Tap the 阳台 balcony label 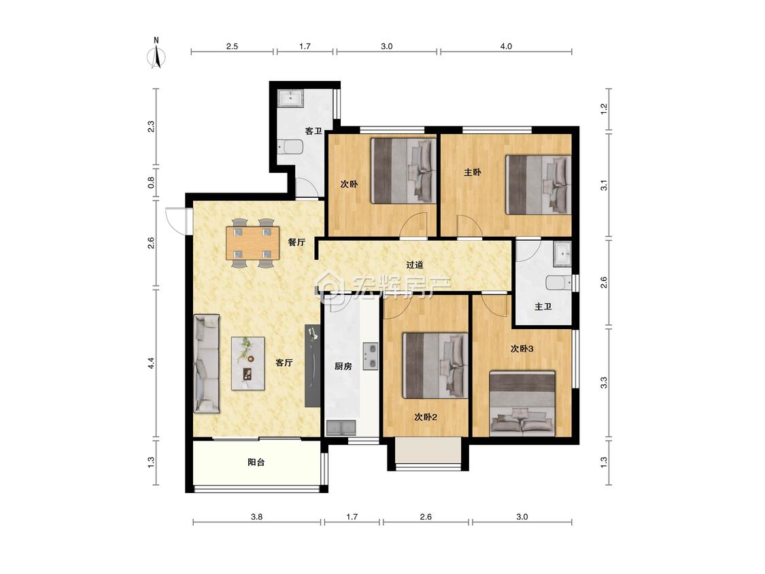[x=256, y=462]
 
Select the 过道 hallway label [x=415, y=265]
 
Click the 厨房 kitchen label [x=343, y=366]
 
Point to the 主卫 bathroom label [x=543, y=307]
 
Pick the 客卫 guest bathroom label [x=313, y=131]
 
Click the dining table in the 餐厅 [x=252, y=243]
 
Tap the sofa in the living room [x=207, y=364]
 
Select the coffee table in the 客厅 [x=248, y=363]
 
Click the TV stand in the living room [x=312, y=366]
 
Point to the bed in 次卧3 [x=522, y=403]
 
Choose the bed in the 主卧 [x=538, y=184]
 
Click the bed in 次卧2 [x=436, y=365]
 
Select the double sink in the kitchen [x=341, y=428]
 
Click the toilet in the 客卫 [x=290, y=147]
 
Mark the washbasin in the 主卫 [x=562, y=254]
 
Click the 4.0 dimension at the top [x=506, y=46]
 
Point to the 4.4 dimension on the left [x=151, y=363]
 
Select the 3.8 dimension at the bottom [x=256, y=516]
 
